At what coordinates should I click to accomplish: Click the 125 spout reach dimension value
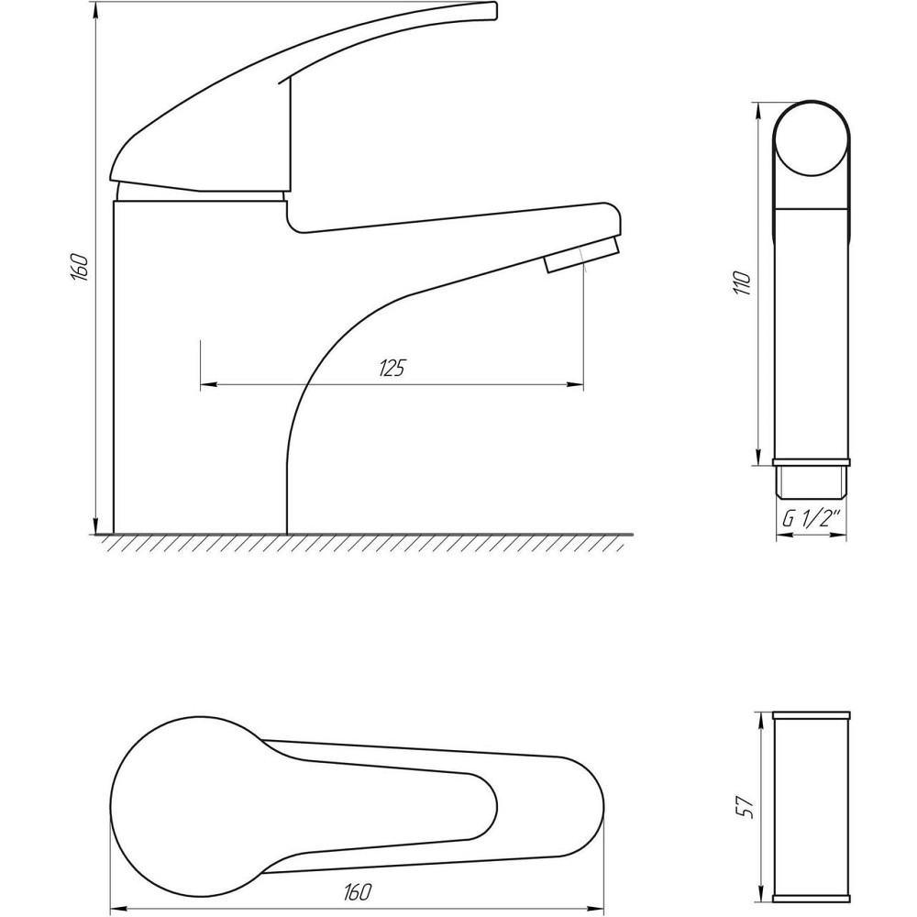[x=392, y=368]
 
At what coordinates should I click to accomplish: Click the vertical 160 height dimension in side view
[x=80, y=268]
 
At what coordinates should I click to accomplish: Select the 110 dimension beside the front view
[x=743, y=283]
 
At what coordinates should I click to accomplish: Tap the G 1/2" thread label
[x=812, y=519]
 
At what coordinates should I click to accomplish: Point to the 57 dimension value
[x=744, y=807]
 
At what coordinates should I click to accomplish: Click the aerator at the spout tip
[x=581, y=255]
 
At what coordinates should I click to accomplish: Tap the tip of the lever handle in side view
[x=493, y=10]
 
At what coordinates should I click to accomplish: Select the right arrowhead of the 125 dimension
[x=575, y=384]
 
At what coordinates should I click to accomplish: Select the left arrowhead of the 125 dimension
[x=209, y=384]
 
